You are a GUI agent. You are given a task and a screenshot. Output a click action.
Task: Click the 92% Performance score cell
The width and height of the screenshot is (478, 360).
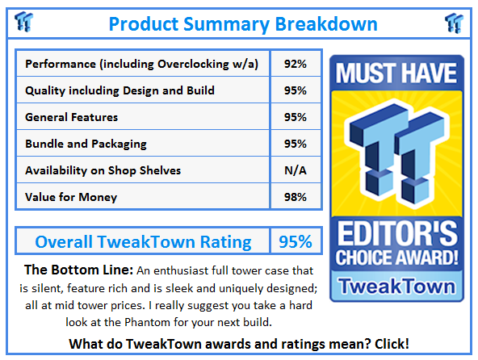pyautogui.click(x=295, y=64)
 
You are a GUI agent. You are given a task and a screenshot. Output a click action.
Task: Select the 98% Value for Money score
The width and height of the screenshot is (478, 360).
pyautogui.click(x=295, y=197)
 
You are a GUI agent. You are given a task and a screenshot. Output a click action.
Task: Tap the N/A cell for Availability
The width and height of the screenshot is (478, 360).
pyautogui.click(x=295, y=170)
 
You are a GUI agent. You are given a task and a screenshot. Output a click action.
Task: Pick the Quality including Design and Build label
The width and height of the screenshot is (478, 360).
pyautogui.click(x=119, y=90)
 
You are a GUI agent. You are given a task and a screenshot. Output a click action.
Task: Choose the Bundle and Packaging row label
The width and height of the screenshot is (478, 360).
pyautogui.click(x=86, y=144)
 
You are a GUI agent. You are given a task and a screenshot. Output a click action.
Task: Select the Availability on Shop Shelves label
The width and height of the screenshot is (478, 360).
pyautogui.click(x=103, y=170)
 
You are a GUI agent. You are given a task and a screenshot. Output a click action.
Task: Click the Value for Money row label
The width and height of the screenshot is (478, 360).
pyautogui.click(x=71, y=197)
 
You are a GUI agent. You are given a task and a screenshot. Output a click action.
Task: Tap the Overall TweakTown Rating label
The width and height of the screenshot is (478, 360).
pyautogui.click(x=143, y=241)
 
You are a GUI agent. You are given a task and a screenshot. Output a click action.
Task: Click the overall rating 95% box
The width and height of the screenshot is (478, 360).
pyautogui.click(x=295, y=241)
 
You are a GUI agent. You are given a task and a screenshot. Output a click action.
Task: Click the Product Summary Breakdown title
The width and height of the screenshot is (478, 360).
pyautogui.click(x=242, y=23)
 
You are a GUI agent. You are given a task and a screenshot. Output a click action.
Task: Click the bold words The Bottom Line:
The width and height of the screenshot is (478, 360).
pyautogui.click(x=73, y=270)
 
